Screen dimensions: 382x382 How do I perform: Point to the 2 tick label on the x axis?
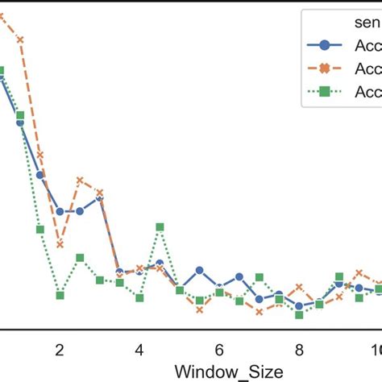click(x=60, y=351)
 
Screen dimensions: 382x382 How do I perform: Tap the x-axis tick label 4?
click(x=139, y=351)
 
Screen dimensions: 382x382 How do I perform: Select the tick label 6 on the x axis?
click(x=219, y=351)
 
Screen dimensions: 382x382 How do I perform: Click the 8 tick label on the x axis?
click(x=298, y=351)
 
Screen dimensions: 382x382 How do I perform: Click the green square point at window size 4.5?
click(x=160, y=227)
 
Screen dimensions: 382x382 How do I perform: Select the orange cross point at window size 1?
click(x=20, y=39)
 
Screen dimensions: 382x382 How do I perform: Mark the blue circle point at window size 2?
click(x=60, y=211)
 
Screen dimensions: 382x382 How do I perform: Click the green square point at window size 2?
click(x=60, y=295)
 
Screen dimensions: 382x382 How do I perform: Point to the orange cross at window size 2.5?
click(x=80, y=180)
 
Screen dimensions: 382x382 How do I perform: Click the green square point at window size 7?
click(x=259, y=277)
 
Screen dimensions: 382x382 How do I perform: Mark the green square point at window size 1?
click(x=20, y=115)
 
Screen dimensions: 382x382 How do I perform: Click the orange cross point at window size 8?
click(x=298, y=287)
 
